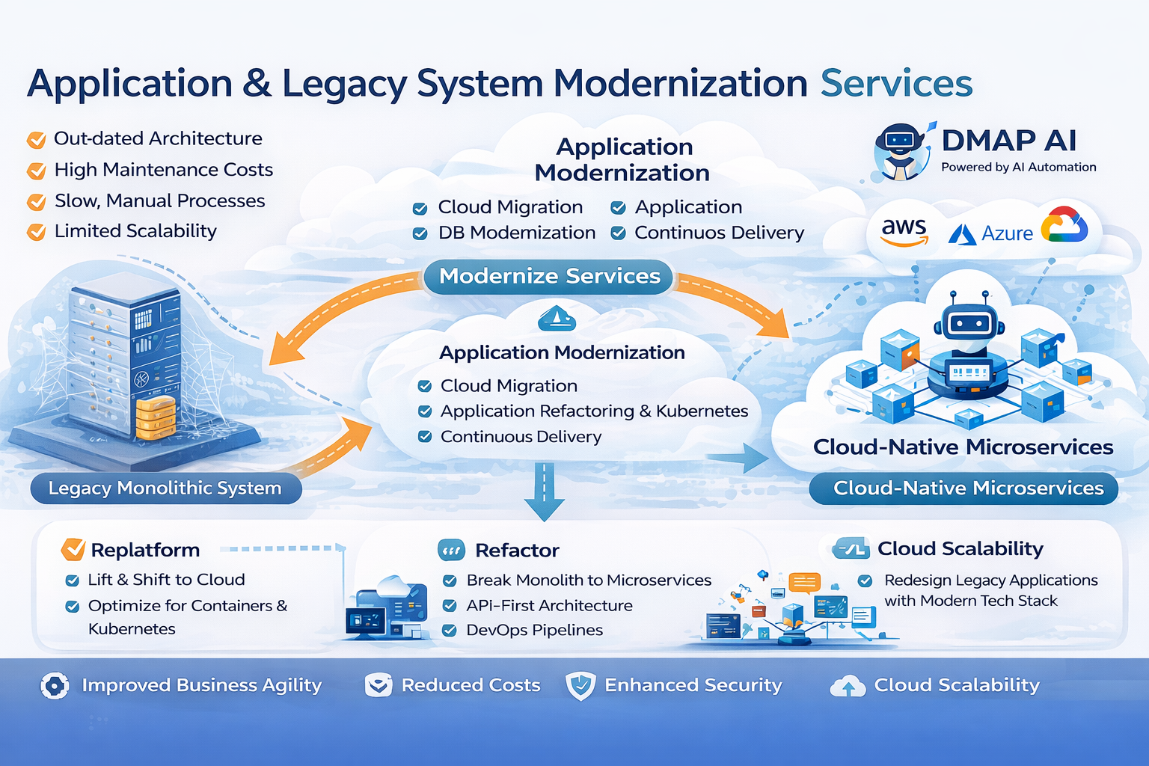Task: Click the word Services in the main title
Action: click(896, 83)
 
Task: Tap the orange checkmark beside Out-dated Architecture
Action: click(36, 139)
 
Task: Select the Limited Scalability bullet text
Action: click(135, 231)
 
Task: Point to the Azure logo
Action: click(991, 233)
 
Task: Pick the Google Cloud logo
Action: click(1064, 225)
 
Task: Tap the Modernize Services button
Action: click(549, 276)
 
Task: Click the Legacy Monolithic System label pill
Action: click(165, 488)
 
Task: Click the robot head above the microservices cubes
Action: click(969, 322)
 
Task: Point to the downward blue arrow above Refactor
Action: click(544, 494)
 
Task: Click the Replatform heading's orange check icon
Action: click(73, 549)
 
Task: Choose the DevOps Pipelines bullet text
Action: click(534, 630)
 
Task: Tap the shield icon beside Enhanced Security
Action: click(580, 685)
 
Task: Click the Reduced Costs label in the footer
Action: click(471, 685)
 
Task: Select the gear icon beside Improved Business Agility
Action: click(55, 685)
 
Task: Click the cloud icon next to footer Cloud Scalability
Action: click(848, 686)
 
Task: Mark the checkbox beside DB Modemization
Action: click(420, 233)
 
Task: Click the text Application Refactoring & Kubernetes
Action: click(594, 411)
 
